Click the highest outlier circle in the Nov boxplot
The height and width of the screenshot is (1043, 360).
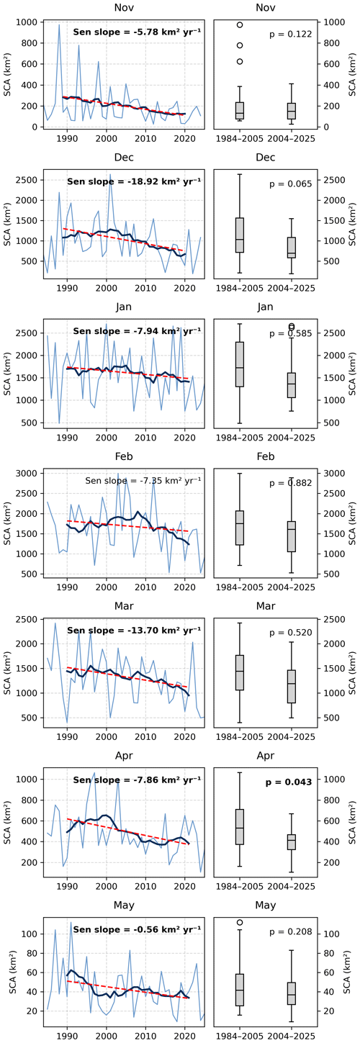240,24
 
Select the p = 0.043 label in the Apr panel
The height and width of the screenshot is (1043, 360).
289,782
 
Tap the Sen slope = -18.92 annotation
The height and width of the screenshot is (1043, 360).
134,181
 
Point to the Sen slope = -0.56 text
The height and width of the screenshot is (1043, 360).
137,929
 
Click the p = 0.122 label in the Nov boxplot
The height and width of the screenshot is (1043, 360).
291,34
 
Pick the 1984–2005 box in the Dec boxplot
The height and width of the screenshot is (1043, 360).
240,235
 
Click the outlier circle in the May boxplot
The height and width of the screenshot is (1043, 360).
240,922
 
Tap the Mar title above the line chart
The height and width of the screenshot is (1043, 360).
124,606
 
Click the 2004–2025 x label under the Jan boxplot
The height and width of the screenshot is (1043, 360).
292,437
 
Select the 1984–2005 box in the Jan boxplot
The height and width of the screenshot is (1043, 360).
240,364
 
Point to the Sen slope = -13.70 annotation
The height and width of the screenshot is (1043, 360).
134,630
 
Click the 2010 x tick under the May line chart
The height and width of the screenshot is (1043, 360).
145,1036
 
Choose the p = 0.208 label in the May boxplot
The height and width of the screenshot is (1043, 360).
291,931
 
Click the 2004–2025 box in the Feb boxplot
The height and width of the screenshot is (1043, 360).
292,536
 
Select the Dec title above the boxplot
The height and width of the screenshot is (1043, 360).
266,158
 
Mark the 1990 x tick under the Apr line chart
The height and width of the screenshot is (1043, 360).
67,886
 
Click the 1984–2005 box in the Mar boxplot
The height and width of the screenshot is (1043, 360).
240,672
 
